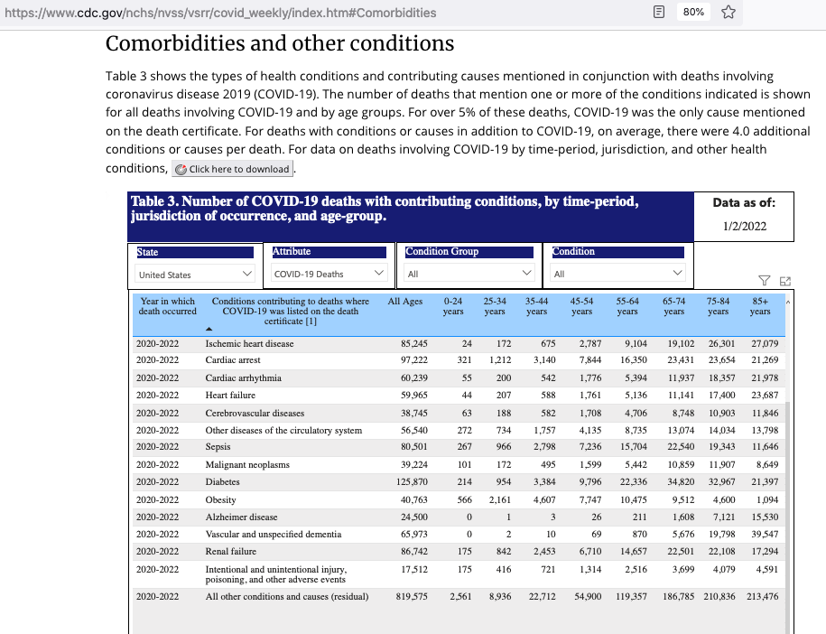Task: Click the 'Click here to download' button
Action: [x=234, y=169]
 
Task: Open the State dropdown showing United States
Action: [x=195, y=274]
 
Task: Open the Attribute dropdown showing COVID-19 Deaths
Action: [x=329, y=274]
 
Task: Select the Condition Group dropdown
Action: [x=469, y=274]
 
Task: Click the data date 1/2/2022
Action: [x=744, y=226]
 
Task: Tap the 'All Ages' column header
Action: [x=404, y=301]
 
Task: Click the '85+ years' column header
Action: [x=760, y=306]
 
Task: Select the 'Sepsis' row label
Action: [x=218, y=446]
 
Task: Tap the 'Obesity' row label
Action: [x=220, y=499]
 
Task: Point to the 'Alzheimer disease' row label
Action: [x=241, y=517]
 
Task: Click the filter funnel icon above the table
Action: [x=764, y=280]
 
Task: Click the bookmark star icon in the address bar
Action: [x=728, y=13]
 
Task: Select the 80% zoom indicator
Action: [x=693, y=13]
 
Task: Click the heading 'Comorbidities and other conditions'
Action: [x=280, y=43]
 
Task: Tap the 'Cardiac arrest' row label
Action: [x=233, y=360]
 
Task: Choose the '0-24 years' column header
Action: [x=453, y=306]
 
